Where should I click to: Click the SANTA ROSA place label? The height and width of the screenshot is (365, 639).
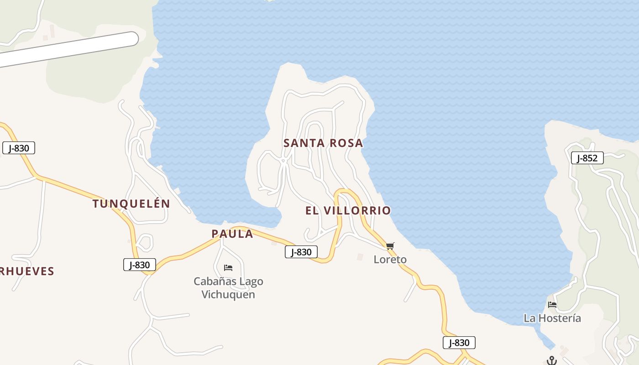[323, 143]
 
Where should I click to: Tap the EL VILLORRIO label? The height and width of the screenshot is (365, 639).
[348, 210]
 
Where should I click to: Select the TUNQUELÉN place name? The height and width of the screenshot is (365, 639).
[131, 203]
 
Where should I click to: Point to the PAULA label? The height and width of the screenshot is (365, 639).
[232, 234]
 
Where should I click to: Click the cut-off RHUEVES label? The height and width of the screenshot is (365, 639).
[27, 271]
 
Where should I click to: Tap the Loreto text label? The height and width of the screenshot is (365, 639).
[390, 259]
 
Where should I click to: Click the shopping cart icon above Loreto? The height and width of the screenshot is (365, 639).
[390, 246]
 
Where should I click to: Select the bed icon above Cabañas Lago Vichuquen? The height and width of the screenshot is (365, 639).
[228, 268]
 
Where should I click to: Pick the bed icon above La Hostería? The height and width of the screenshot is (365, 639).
[552, 305]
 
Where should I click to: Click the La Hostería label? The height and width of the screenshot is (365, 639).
[552, 318]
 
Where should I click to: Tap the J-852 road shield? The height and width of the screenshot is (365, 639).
[587, 158]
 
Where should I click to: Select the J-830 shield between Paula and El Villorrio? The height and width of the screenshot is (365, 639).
[301, 252]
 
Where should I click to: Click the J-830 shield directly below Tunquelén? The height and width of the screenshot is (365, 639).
[139, 265]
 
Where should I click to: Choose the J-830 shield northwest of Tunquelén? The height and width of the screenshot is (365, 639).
[19, 148]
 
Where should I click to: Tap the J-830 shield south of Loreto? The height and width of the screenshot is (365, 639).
[459, 343]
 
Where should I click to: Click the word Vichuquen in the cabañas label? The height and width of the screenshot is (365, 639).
[228, 294]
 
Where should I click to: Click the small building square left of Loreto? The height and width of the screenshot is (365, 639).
[360, 257]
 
